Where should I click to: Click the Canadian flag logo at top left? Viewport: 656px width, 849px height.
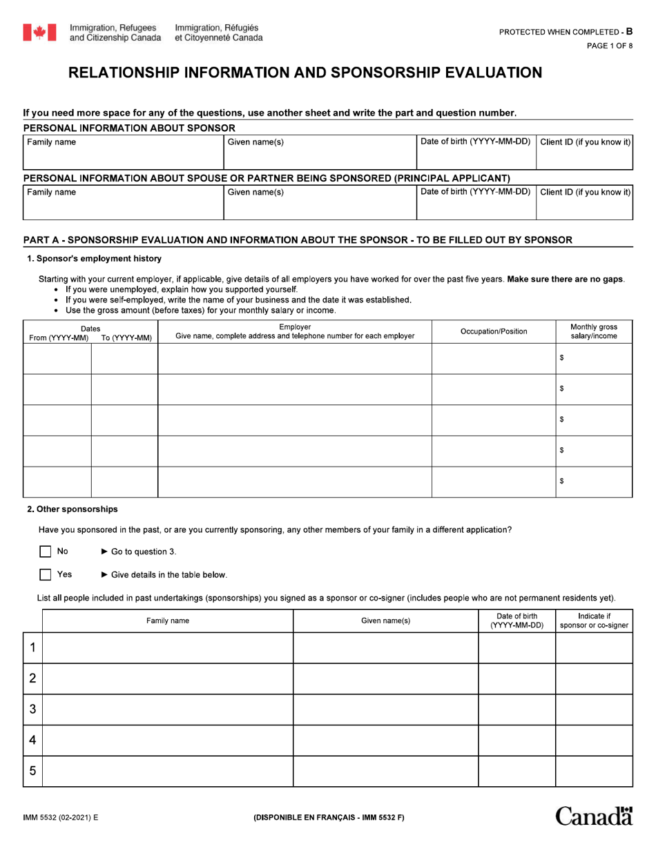pos(40,32)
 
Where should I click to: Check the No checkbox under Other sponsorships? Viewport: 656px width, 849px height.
pos(46,552)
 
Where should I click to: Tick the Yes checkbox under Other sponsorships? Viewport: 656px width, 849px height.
pos(46,574)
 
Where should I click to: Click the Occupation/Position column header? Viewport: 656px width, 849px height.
pos(494,331)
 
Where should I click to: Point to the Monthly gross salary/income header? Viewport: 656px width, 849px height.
pos(594,331)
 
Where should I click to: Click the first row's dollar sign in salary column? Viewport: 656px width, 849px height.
pos(562,358)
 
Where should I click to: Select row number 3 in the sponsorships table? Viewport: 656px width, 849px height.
pos(32,710)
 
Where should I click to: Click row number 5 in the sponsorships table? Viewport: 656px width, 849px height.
pos(32,771)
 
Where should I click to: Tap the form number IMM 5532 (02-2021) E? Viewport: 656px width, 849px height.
pos(61,817)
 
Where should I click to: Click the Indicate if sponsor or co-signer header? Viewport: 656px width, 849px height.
pos(594,621)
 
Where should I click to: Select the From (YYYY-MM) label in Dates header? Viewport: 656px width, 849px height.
pos(58,338)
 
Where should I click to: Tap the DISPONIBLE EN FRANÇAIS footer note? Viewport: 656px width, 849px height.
pos(329,817)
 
